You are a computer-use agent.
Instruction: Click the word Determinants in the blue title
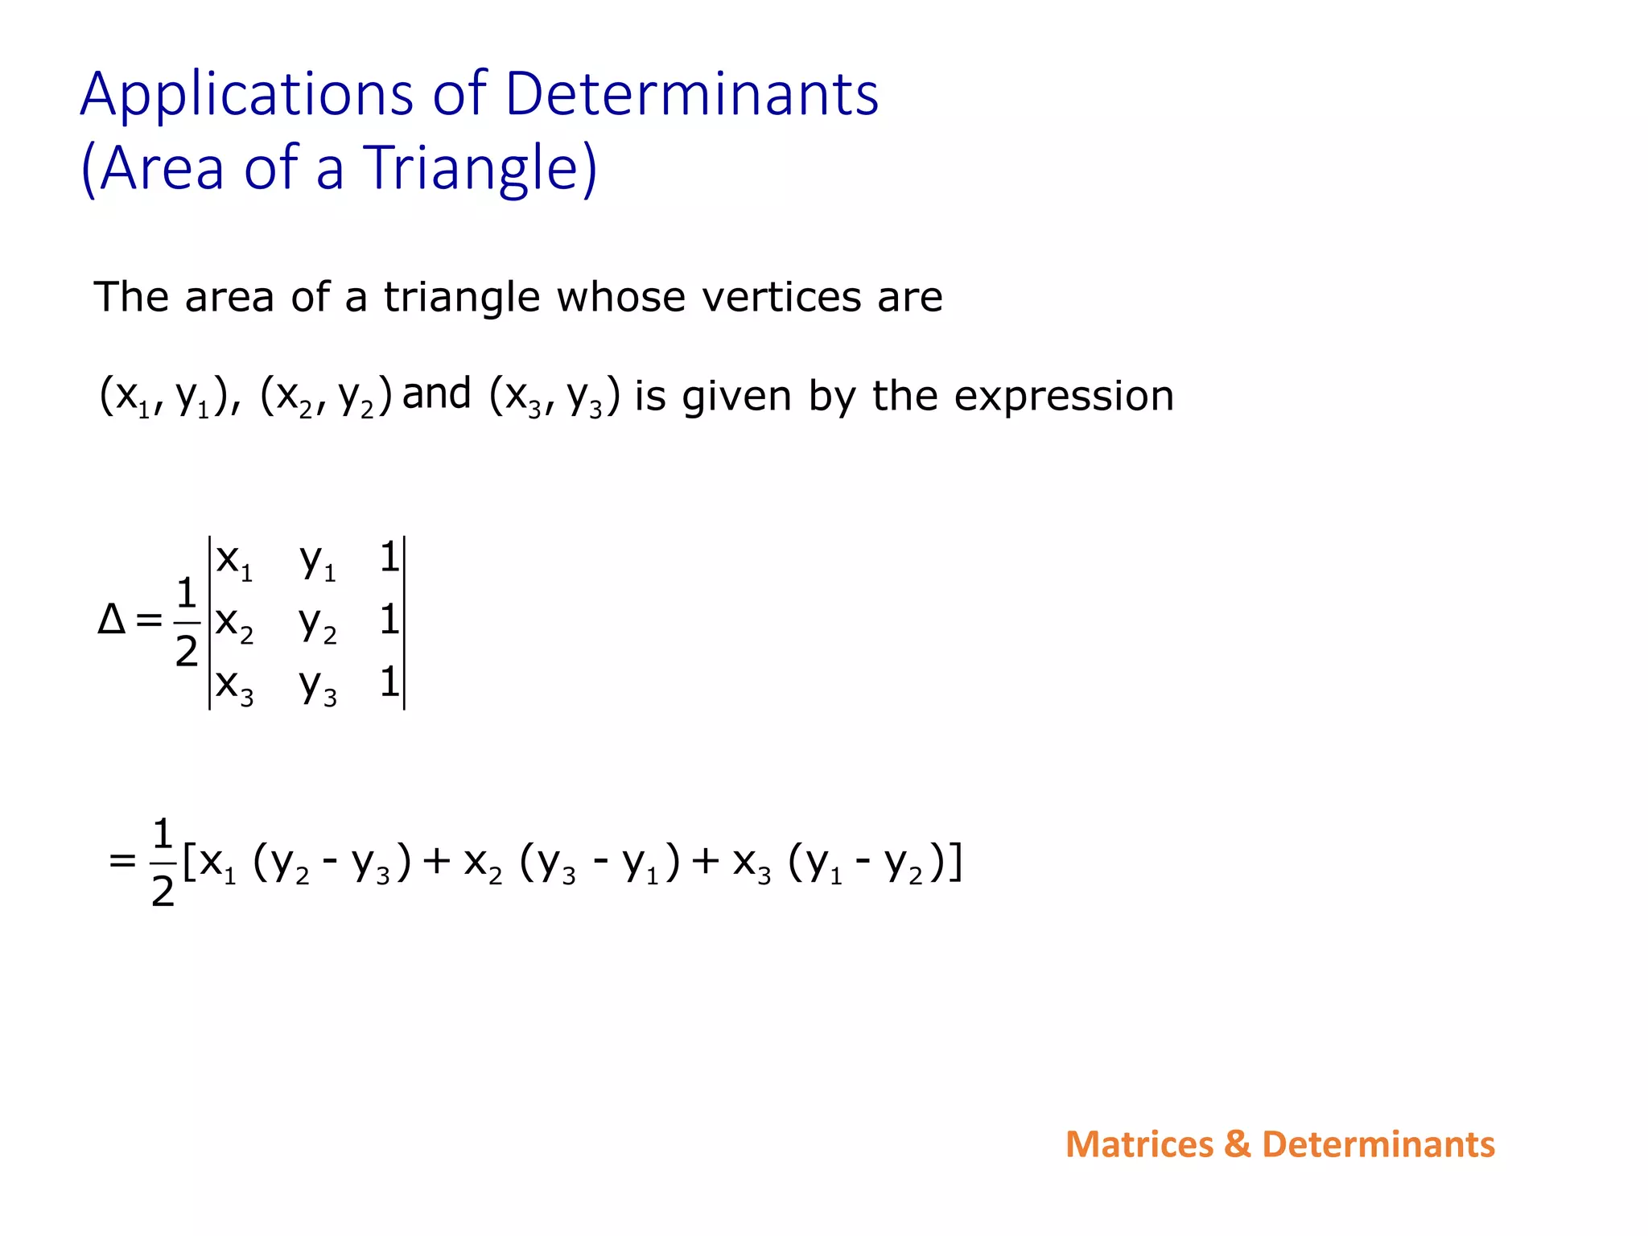tap(691, 94)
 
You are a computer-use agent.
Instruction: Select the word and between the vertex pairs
tap(436, 393)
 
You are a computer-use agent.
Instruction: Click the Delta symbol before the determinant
tap(111, 620)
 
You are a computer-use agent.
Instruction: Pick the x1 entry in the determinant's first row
tap(234, 560)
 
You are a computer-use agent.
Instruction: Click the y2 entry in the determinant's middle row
tap(318, 623)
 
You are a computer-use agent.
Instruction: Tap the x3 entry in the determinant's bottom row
tap(234, 686)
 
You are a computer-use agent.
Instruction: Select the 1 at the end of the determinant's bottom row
tap(389, 682)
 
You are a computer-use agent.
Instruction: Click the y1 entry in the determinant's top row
tap(318, 560)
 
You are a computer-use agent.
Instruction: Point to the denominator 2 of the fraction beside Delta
tap(186, 651)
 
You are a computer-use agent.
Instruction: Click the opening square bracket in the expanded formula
tap(189, 862)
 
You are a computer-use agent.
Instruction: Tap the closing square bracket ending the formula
tap(955, 862)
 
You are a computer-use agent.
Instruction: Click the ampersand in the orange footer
tap(1238, 1144)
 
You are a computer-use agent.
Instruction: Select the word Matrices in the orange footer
tap(1139, 1144)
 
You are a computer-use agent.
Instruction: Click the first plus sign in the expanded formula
tap(437, 862)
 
